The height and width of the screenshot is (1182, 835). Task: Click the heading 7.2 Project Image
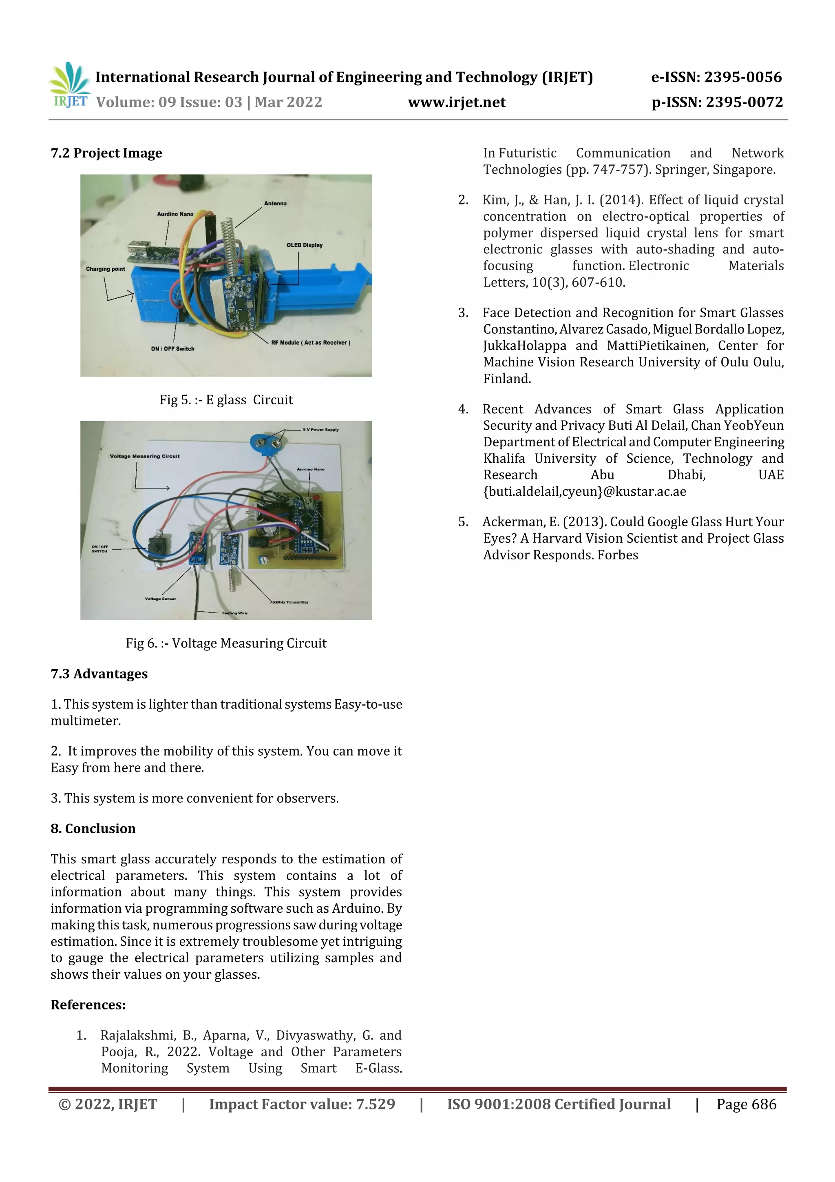[x=106, y=153]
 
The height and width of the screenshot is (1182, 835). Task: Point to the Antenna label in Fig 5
[x=275, y=203]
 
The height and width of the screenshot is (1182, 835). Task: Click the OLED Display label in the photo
[x=305, y=245]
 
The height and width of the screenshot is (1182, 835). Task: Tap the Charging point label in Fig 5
[x=106, y=269]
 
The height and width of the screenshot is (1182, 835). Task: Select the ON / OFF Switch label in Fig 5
[x=172, y=348]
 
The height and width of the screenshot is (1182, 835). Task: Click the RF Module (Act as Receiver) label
[x=311, y=342]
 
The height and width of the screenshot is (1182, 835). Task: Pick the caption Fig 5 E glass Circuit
[x=226, y=400]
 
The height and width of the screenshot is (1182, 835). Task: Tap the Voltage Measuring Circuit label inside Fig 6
[x=145, y=456]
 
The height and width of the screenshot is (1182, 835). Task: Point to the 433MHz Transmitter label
[x=289, y=602]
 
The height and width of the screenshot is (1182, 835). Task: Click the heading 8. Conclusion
[x=93, y=828]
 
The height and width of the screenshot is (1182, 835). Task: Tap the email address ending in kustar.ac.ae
[x=584, y=492]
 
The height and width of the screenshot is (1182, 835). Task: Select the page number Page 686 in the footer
[x=746, y=1104]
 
